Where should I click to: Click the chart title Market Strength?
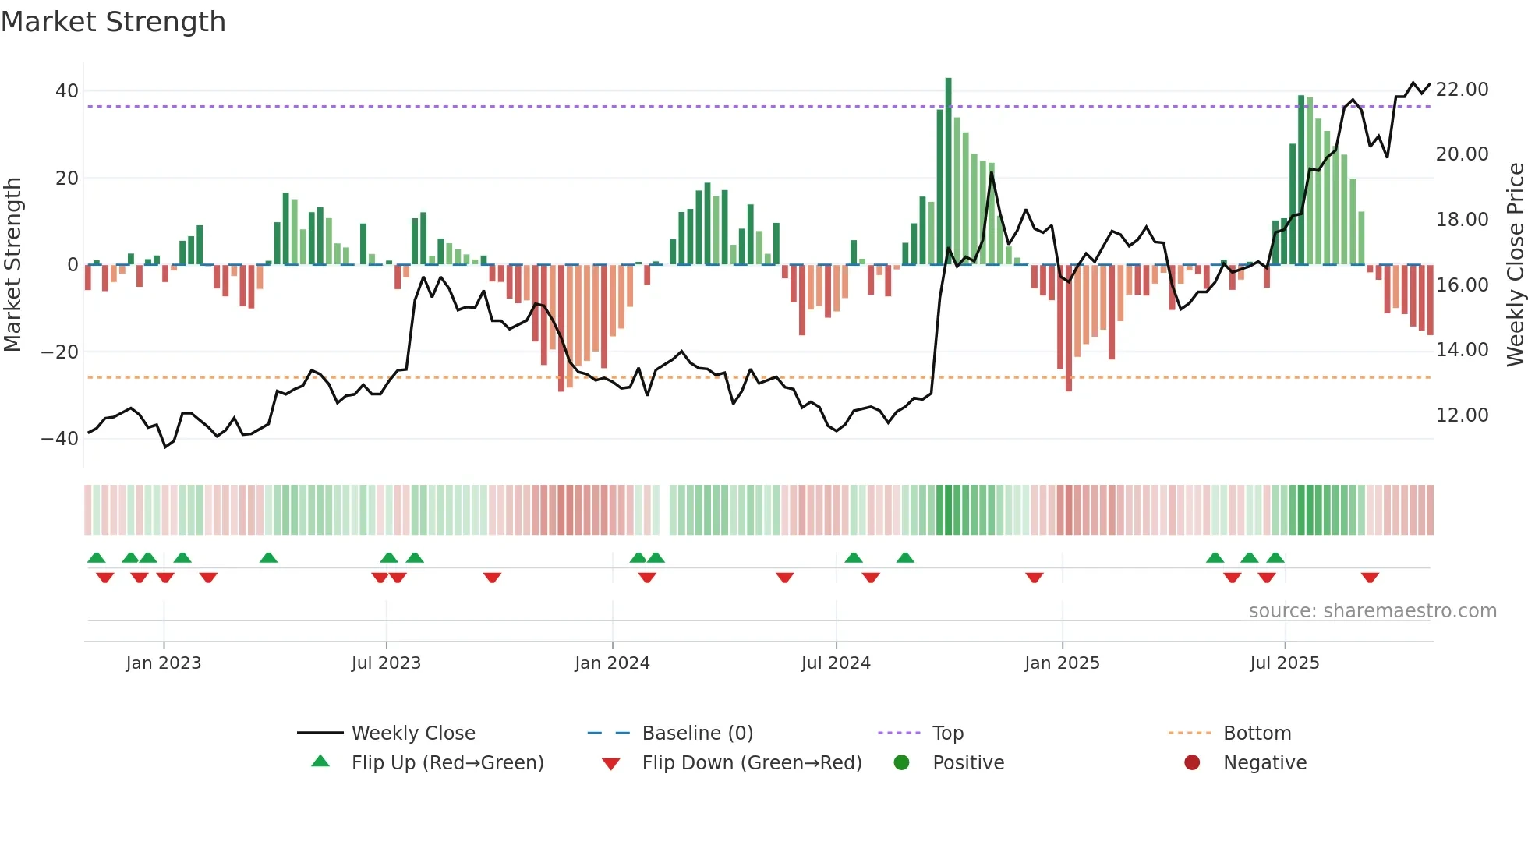click(113, 22)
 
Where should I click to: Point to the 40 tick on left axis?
click(67, 91)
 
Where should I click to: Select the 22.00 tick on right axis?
click(1462, 90)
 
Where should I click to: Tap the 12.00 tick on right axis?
click(1462, 415)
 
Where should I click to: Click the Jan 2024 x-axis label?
click(612, 663)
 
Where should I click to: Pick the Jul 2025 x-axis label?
click(1284, 663)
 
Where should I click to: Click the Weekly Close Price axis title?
click(1515, 265)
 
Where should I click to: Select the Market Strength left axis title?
click(12, 265)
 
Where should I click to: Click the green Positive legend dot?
click(901, 763)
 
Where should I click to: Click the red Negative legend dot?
click(1192, 763)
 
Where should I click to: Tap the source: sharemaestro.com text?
click(1372, 611)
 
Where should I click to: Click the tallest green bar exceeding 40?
click(948, 171)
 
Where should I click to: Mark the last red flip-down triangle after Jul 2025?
click(1370, 578)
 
